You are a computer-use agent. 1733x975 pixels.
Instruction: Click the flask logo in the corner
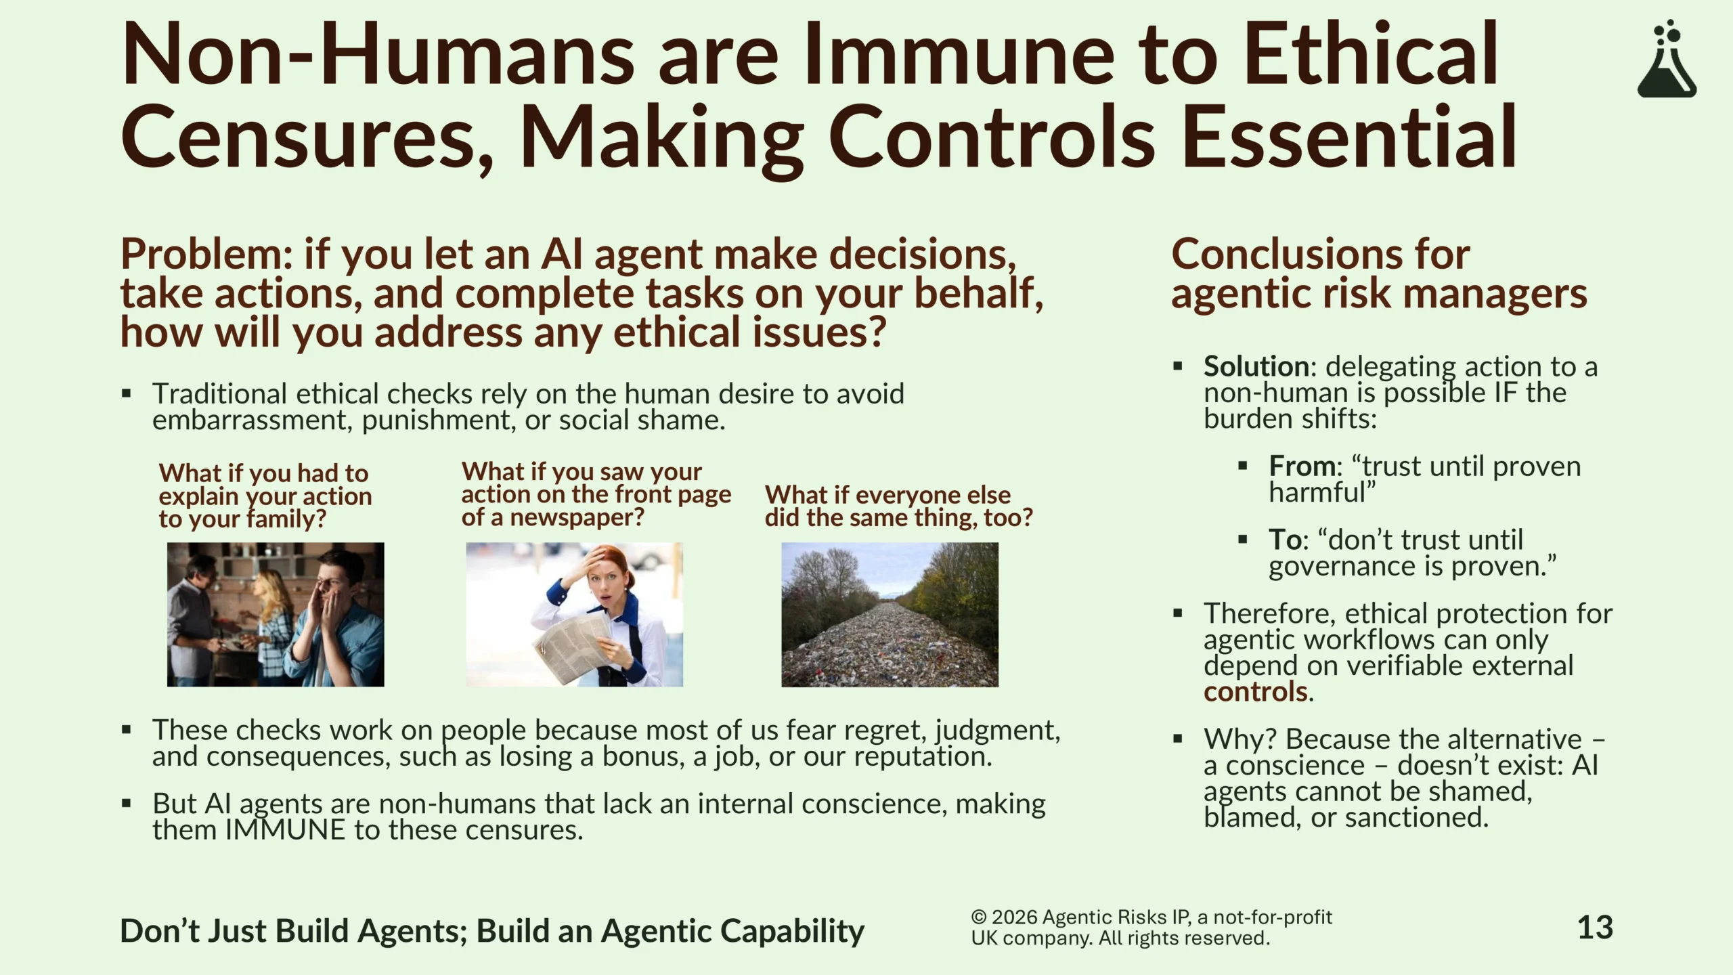(x=1667, y=59)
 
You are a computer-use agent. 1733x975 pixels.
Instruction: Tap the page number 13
(x=1595, y=928)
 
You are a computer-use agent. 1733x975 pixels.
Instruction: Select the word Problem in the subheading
(x=206, y=255)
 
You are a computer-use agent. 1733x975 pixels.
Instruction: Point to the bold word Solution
(x=1256, y=366)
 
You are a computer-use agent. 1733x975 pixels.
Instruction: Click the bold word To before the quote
(x=1284, y=540)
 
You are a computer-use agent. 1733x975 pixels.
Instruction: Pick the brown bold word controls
(x=1255, y=691)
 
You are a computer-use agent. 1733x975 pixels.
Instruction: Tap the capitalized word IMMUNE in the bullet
(x=285, y=829)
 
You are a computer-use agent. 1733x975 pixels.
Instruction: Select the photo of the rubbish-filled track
(x=890, y=615)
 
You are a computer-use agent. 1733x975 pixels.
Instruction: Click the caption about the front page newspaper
(x=596, y=495)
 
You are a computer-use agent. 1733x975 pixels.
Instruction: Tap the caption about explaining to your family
(x=265, y=496)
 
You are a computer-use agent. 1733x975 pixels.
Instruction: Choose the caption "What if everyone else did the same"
(x=898, y=506)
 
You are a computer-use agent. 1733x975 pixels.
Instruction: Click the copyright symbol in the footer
(x=979, y=917)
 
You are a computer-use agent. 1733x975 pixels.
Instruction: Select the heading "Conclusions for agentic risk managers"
(x=1379, y=274)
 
